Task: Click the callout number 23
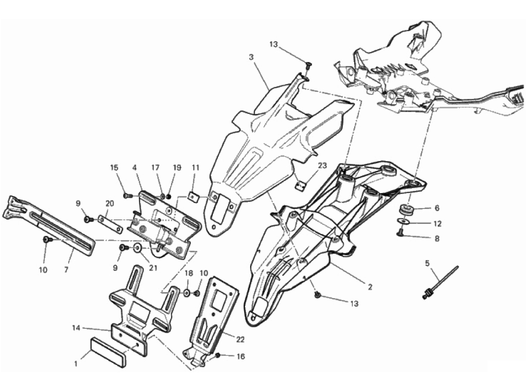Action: click(322, 166)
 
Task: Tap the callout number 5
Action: click(427, 263)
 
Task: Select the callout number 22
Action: click(240, 339)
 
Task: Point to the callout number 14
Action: click(76, 327)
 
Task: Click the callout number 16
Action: click(241, 356)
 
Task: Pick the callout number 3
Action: click(251, 57)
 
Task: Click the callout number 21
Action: click(153, 268)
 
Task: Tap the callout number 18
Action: click(189, 273)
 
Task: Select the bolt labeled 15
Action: click(127, 195)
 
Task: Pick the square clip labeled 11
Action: click(194, 197)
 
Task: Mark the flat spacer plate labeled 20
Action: click(110, 224)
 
